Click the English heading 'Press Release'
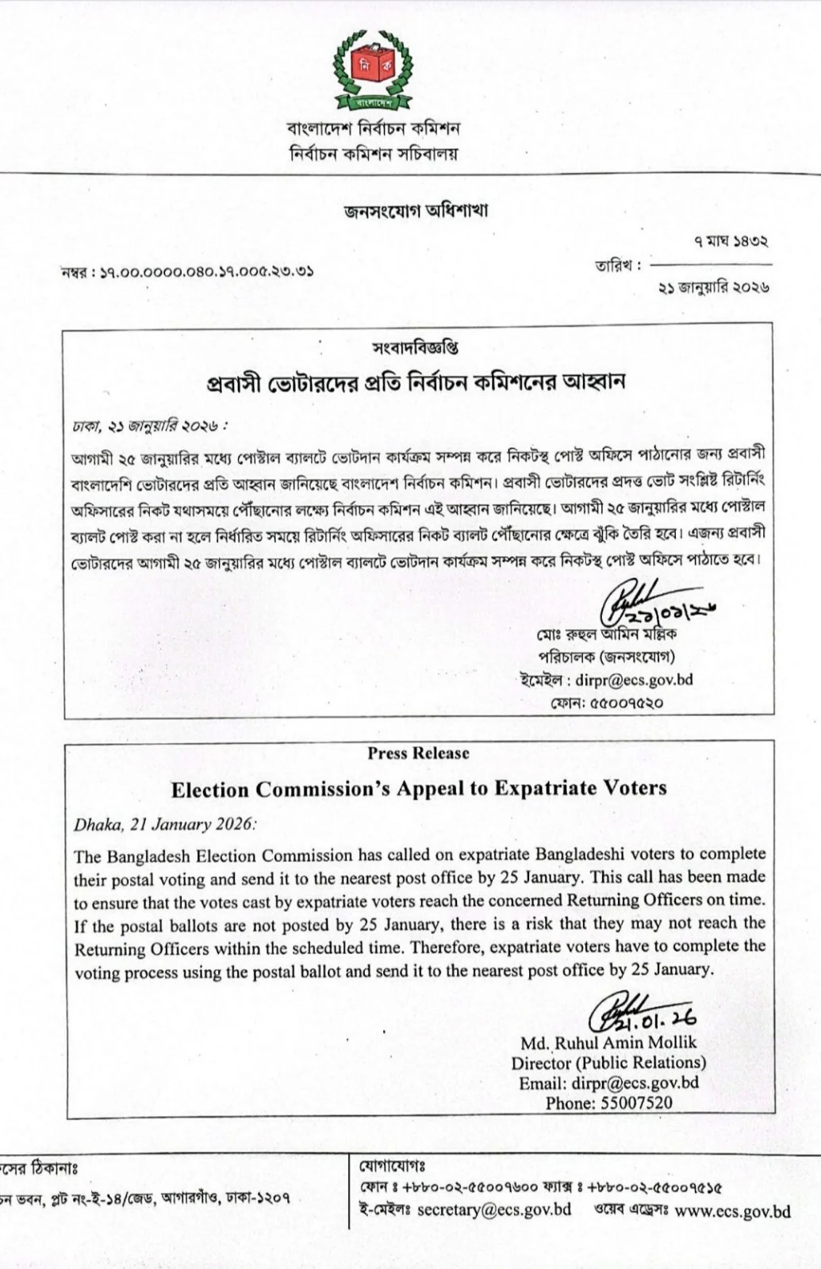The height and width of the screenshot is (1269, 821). point(418,753)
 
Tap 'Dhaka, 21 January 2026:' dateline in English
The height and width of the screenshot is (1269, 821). point(165,824)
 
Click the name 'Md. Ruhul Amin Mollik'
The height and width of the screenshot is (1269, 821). point(608,1042)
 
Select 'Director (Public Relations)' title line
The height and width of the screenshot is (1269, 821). point(608,1063)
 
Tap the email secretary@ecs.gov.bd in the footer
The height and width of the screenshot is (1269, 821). point(494,1210)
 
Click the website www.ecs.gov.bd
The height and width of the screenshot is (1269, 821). point(733,1211)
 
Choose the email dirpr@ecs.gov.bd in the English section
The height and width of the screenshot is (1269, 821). point(635,1083)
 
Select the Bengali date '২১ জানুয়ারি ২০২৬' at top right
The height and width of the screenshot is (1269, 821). point(713,288)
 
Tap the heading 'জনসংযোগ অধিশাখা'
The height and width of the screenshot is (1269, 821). point(416,211)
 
